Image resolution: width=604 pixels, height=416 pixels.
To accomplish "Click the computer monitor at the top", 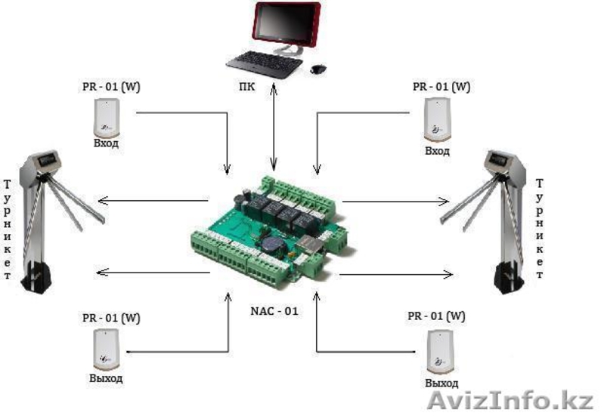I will pos(287,26).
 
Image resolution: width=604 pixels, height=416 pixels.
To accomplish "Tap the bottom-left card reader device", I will pos(104,347).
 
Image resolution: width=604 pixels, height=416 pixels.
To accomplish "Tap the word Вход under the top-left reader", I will pos(105,143).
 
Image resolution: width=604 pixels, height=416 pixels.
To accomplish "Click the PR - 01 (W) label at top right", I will pos(441,86).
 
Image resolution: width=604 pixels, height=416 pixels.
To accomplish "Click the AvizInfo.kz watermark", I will pos(510,399).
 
